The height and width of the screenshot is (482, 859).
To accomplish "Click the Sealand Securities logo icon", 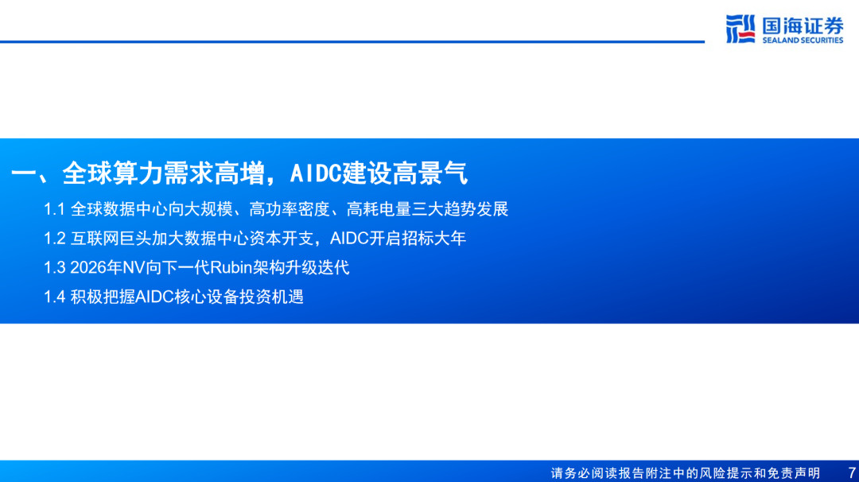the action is [x=740, y=29].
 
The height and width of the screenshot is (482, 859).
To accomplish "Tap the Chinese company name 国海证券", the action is [x=803, y=25].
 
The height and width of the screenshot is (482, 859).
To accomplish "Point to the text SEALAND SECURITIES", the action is [x=803, y=41].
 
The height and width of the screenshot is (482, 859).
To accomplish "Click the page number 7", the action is [x=851, y=472].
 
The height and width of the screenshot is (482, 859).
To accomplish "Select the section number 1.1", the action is [x=54, y=209].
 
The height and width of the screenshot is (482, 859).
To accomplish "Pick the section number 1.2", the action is [x=54, y=239].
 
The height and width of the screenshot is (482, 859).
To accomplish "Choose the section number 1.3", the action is [x=54, y=268].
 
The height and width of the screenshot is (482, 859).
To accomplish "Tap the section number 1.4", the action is [x=54, y=297].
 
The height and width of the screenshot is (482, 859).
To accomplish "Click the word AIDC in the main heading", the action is [x=316, y=173].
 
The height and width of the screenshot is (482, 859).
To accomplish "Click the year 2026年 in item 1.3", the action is [x=96, y=268].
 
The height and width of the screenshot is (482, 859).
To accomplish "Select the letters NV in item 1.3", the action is [x=134, y=268].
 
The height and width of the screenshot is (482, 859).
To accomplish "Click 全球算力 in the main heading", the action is [x=112, y=173].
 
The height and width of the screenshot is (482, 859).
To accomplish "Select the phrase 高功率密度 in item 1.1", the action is [x=290, y=209].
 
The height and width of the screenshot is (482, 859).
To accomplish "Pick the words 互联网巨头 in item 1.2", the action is [x=111, y=239].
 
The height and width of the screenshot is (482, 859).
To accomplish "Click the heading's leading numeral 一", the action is [x=23, y=173].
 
